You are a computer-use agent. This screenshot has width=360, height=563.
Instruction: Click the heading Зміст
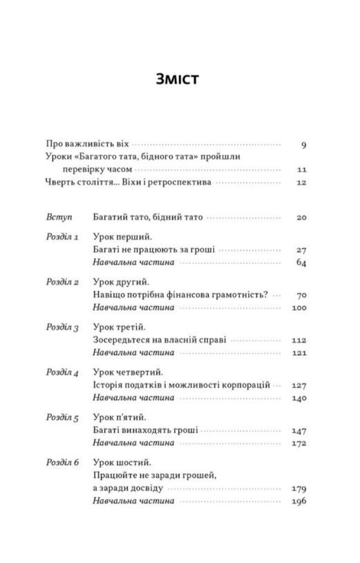pos(178,78)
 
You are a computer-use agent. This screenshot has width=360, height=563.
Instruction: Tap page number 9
pos(303,145)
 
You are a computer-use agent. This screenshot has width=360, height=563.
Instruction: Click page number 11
pos(301,169)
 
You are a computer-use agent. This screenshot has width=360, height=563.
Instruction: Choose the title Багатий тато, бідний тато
pos(147,217)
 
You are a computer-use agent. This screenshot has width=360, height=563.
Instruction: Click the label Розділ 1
pos(63,237)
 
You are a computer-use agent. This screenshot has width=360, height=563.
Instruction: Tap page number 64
pos(301,263)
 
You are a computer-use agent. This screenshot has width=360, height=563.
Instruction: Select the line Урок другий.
pos(120,283)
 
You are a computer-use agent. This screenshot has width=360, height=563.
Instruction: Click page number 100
pos(299,308)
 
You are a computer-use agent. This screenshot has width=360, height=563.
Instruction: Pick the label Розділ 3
pos(63,327)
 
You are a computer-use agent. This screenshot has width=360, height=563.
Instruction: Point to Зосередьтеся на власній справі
pos(159,340)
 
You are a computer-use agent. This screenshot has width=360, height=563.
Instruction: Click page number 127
pos(299,385)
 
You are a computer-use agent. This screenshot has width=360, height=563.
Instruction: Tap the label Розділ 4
pos(63,372)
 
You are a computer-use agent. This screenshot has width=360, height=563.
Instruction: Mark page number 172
pos(299,443)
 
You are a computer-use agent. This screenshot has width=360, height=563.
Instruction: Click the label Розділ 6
pos(63,462)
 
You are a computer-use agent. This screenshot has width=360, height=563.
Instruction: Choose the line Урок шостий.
pos(121,462)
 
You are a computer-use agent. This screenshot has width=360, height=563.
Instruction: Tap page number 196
pos(299,501)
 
